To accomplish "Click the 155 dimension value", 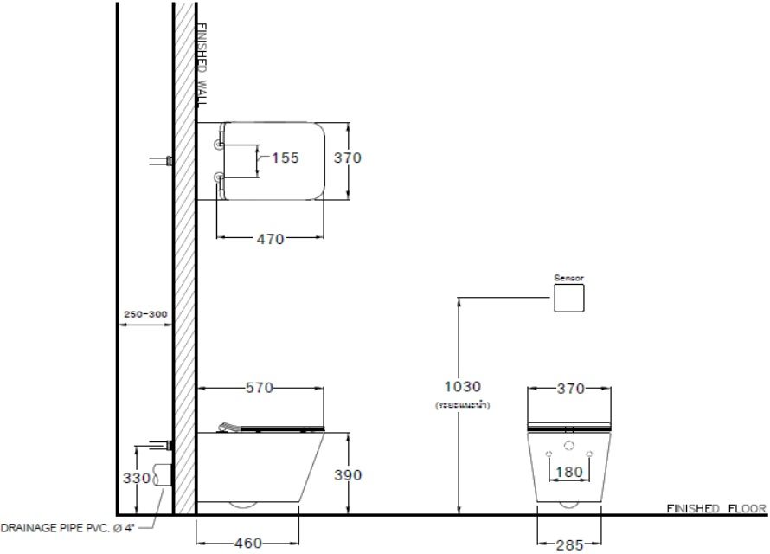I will [x=285, y=158].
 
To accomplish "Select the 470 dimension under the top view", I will [x=271, y=239].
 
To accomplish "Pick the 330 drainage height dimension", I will [x=135, y=476].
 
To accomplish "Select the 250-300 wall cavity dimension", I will [x=144, y=313].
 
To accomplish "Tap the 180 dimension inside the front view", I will [x=568, y=473].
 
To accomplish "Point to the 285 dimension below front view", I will [x=568, y=544].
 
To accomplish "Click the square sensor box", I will [x=568, y=298].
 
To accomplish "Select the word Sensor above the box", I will [x=568, y=278].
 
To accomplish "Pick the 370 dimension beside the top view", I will [x=347, y=158].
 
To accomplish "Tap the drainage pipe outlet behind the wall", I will [x=161, y=474].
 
